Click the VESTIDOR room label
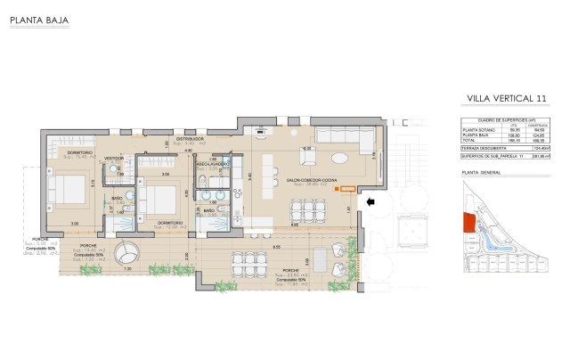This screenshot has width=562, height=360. click(x=114, y=158)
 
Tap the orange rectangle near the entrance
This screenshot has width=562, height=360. click(x=348, y=189)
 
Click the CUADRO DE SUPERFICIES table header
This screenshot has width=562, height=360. click(x=503, y=119)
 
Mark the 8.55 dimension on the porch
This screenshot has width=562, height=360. click(x=277, y=247)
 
